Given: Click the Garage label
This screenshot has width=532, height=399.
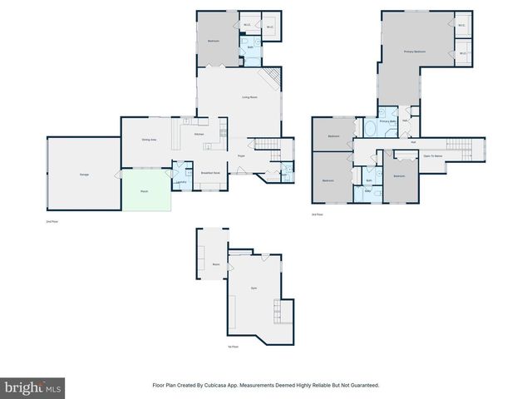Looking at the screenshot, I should [x=84, y=175].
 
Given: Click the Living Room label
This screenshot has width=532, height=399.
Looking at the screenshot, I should [x=249, y=98].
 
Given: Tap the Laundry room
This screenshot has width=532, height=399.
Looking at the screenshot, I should [x=180, y=180].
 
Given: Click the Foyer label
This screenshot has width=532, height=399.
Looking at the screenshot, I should [x=241, y=155].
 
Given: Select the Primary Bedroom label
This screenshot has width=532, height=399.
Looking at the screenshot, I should [x=415, y=52].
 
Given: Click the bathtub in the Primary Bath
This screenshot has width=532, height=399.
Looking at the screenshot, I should [x=370, y=126].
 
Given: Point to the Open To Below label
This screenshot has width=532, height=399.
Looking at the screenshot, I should [x=432, y=155].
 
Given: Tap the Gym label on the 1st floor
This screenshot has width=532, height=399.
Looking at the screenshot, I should [x=254, y=288].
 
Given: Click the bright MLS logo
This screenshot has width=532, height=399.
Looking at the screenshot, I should [x=32, y=387].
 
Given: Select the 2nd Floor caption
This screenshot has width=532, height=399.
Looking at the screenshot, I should [x=53, y=222].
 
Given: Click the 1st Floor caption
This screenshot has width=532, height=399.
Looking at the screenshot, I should [x=234, y=347].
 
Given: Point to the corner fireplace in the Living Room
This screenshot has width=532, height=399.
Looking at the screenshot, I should [x=271, y=80].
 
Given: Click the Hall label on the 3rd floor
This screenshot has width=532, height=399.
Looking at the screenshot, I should [x=413, y=141].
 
